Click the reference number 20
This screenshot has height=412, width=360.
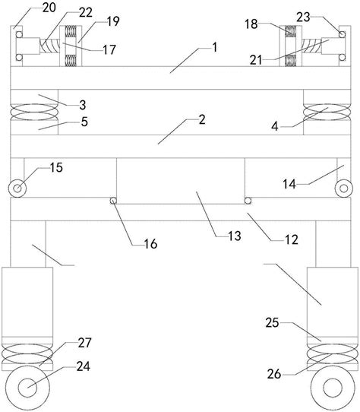(49, 8)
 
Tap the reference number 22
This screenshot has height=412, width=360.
(86, 12)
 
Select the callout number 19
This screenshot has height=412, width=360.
(113, 21)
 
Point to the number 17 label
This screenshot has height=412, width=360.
(109, 49)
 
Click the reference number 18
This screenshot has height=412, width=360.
(251, 24)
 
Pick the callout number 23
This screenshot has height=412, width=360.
(303, 17)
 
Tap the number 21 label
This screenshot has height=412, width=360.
(256, 60)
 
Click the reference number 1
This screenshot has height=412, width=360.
(215, 48)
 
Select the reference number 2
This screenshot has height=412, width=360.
(202, 120)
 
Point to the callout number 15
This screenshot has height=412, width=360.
(56, 168)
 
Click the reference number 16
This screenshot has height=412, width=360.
(150, 244)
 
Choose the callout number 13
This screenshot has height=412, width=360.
(235, 236)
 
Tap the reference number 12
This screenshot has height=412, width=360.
(292, 239)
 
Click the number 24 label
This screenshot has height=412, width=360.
(84, 366)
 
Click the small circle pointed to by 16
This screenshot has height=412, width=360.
(113, 201)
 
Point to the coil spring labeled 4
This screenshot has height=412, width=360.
(327, 112)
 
